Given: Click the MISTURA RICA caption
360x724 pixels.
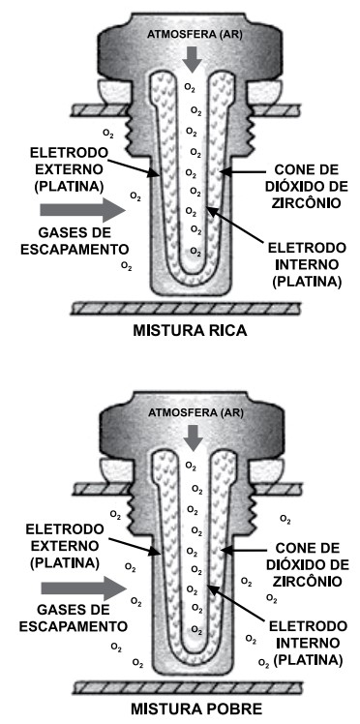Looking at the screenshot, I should (x=190, y=330).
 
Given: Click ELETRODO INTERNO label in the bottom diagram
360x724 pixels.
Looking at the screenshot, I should (x=304, y=643).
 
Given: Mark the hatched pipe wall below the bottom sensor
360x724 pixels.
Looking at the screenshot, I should (x=190, y=688).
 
